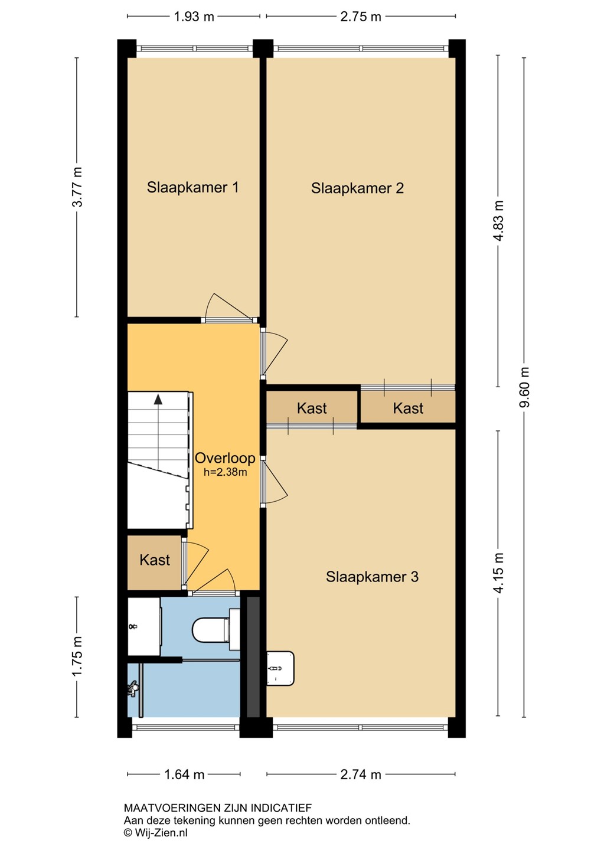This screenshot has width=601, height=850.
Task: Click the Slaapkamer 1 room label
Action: click(192, 187)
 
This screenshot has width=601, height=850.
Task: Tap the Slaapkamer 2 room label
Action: click(357, 188)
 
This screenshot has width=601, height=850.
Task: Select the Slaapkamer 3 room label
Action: click(372, 576)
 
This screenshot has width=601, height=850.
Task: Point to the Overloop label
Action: click(225, 458)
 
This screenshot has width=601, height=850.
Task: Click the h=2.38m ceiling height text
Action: click(226, 472)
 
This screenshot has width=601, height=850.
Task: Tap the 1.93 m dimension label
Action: click(194, 17)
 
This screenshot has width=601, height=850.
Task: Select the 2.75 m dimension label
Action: click(361, 17)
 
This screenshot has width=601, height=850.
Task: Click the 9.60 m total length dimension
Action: click(524, 387)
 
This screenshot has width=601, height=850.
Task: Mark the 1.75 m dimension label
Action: click(77, 656)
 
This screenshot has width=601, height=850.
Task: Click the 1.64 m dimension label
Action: click(184, 774)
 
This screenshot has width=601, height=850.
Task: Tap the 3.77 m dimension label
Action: click(77, 187)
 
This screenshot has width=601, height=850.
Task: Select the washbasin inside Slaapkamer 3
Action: click(280, 668)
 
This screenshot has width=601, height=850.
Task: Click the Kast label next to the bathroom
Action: click(155, 560)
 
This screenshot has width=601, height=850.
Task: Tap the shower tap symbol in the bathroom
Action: click(132, 688)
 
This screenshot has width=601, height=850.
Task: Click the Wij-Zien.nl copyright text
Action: click(155, 832)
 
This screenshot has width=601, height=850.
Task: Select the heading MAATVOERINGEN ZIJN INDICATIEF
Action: click(218, 808)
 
